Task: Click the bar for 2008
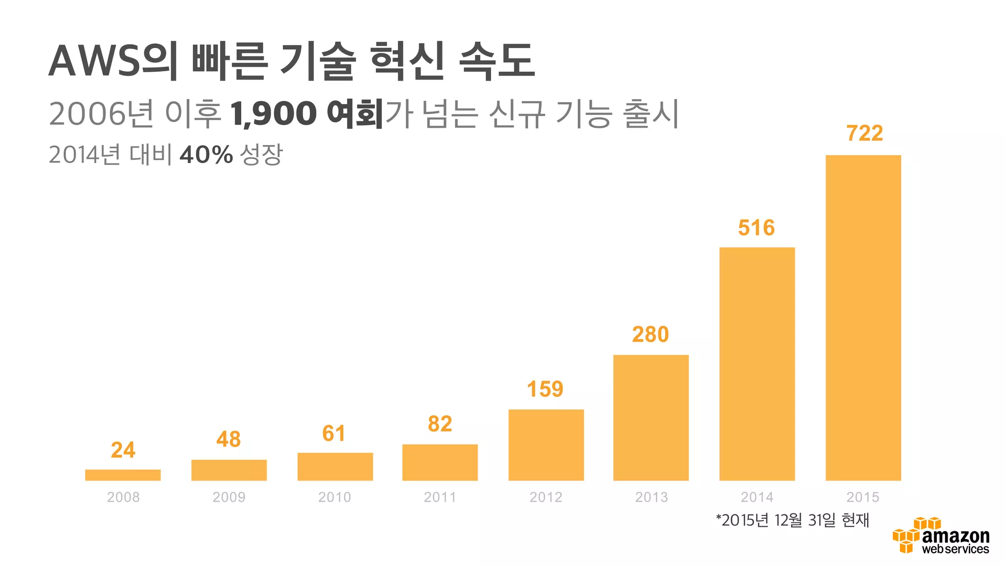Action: (123, 475)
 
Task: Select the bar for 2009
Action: (229, 470)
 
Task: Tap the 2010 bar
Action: (335, 466)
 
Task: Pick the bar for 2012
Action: (546, 445)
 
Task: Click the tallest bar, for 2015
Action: (863, 317)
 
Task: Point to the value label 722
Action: (865, 133)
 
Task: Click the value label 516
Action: (756, 227)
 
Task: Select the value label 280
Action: (650, 335)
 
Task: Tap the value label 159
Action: (545, 389)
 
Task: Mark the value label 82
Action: (440, 424)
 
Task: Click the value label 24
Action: (123, 450)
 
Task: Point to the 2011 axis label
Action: (440, 497)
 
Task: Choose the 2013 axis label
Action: (651, 497)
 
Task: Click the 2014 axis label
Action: (757, 497)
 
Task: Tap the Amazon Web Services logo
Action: (941, 536)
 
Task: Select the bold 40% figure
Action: (206, 155)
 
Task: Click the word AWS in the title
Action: (94, 61)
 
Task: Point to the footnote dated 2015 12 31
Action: (792, 520)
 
